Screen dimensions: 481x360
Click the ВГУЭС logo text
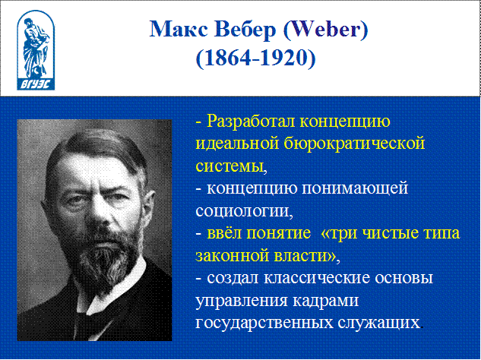click(x=36, y=84)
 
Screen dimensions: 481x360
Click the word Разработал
click(x=250, y=121)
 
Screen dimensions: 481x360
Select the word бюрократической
click(x=354, y=144)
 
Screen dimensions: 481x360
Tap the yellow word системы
click(x=229, y=166)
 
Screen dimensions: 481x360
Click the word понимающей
click(x=355, y=188)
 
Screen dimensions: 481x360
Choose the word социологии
click(x=242, y=211)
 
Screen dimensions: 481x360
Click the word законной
click(x=232, y=256)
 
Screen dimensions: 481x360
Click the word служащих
click(x=378, y=323)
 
